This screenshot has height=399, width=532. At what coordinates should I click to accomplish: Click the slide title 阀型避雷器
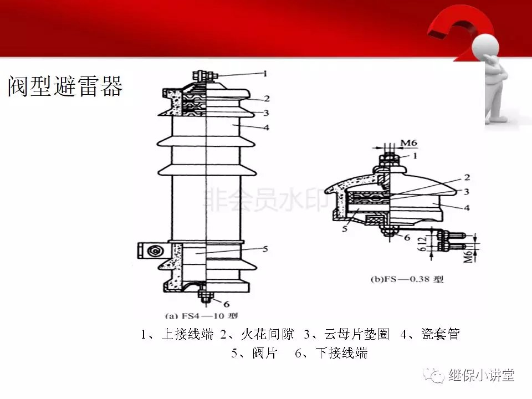(65, 86)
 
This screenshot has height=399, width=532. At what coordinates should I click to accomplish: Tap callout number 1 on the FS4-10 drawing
(265, 73)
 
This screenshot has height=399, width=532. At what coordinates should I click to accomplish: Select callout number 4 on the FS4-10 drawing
(266, 127)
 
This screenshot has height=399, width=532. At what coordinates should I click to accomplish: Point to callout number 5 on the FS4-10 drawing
(265, 249)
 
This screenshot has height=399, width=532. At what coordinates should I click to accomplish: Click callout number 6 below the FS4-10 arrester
(226, 303)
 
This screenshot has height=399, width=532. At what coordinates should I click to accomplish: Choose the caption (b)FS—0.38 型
(407, 279)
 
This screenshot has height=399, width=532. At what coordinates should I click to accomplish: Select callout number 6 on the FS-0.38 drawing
(406, 237)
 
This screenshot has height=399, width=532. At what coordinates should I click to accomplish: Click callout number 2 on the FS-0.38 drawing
(467, 177)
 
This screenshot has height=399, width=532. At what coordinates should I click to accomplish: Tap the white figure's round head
(485, 43)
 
